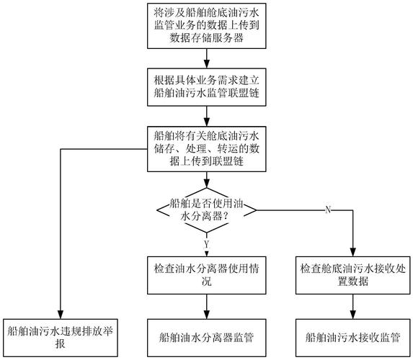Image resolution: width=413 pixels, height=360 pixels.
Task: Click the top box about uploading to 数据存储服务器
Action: tap(207, 27)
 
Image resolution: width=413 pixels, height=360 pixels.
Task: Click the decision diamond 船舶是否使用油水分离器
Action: tap(207, 209)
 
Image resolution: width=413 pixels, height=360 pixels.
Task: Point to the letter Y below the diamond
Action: tap(206, 245)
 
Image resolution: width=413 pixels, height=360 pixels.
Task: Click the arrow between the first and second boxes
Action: tap(207, 60)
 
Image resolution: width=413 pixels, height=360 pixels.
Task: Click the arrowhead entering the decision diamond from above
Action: tap(207, 184)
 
